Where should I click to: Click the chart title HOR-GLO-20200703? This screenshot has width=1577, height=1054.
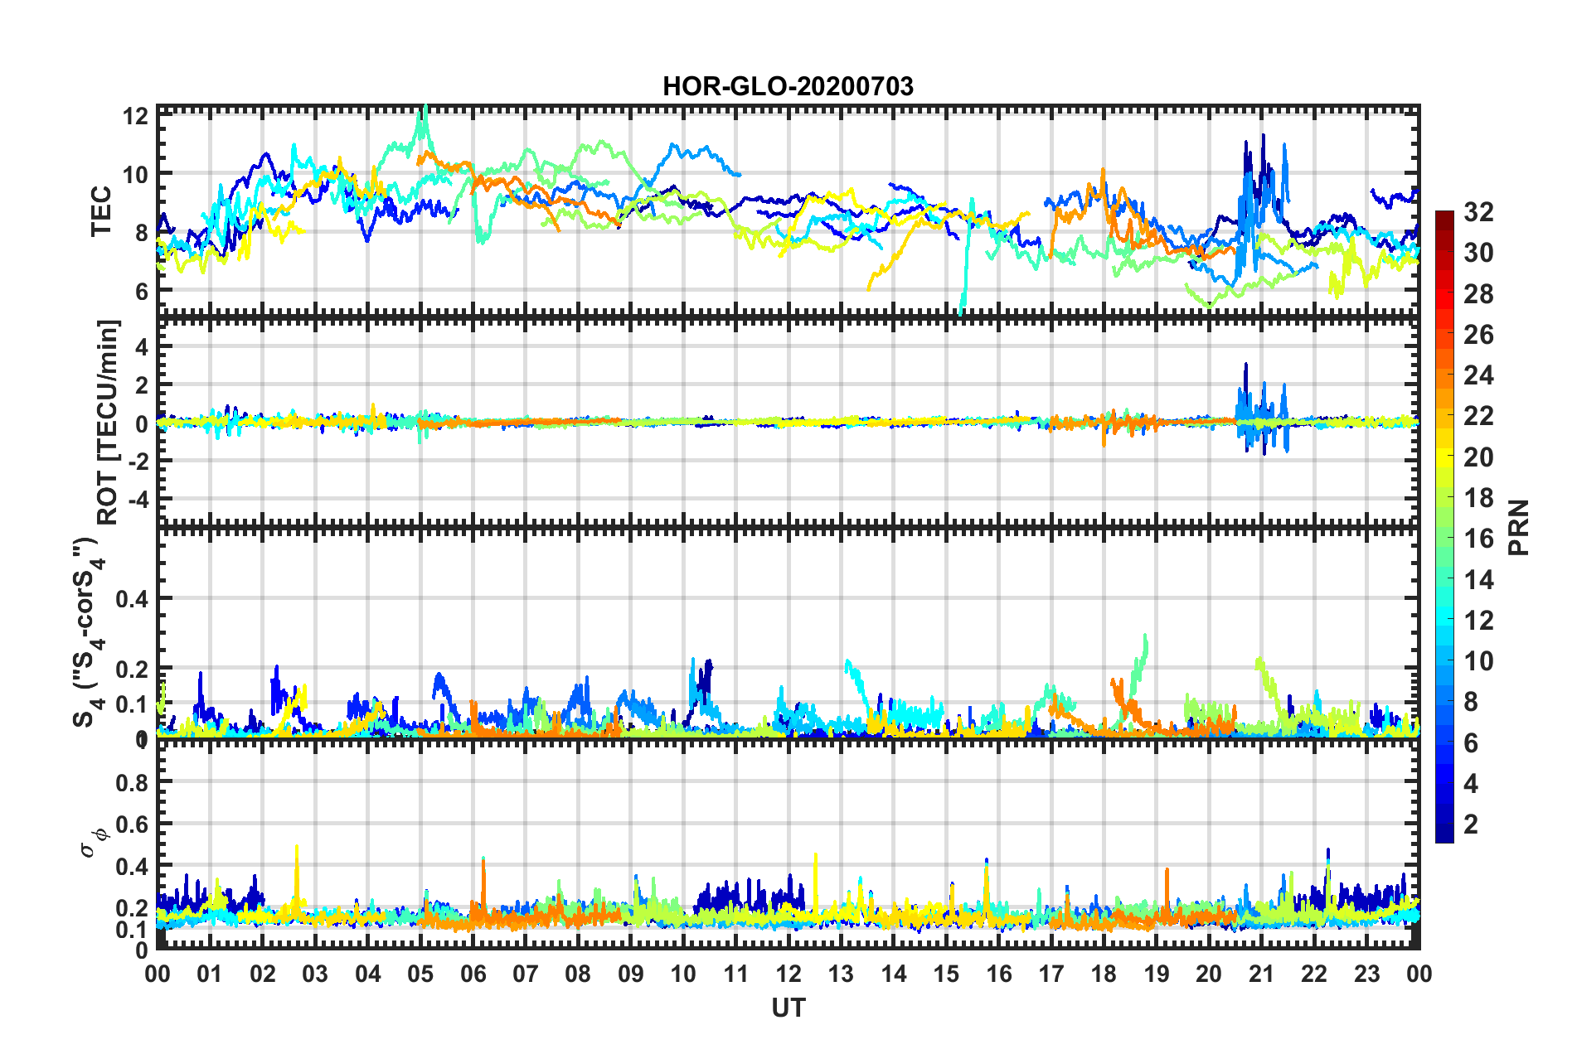(788, 86)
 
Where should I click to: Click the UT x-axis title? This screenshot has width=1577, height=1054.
(788, 1008)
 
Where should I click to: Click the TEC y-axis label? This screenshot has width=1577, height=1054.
(101, 211)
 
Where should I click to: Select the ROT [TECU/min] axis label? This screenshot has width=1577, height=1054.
(108, 422)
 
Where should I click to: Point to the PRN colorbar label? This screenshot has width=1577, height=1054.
(1519, 527)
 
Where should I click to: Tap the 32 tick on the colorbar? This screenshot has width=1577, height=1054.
(1478, 212)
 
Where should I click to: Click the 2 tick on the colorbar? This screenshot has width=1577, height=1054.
(1471, 824)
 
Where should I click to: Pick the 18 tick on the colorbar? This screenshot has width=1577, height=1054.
(1478, 498)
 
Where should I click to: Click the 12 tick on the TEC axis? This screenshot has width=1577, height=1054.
(135, 116)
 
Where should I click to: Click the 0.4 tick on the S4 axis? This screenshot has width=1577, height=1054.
(131, 598)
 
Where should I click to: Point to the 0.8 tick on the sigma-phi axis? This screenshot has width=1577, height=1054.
(131, 782)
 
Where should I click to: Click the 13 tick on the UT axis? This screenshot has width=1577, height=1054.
(841, 974)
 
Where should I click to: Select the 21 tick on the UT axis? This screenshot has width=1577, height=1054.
(1261, 974)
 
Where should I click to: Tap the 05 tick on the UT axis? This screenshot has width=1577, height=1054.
(420, 974)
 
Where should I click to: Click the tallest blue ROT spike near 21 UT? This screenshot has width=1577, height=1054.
(1245, 365)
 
